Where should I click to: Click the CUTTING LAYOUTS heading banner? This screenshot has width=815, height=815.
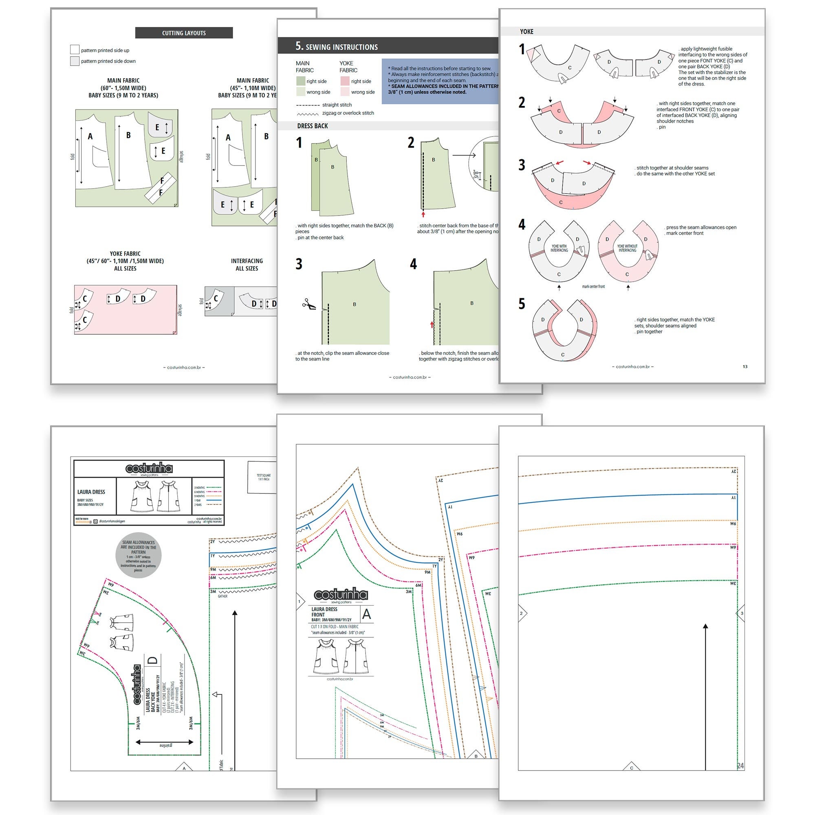tap(183, 33)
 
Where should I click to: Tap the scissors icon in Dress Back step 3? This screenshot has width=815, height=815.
tap(308, 304)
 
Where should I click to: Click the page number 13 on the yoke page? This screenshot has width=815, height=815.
tap(745, 367)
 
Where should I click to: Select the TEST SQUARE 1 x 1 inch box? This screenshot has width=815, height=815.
tap(264, 477)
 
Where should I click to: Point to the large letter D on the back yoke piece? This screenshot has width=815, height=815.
tap(153, 660)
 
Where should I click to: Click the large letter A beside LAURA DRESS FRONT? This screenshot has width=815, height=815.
tap(367, 615)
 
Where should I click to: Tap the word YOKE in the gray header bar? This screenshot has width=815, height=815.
tap(526, 32)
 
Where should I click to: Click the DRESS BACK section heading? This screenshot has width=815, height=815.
tap(312, 126)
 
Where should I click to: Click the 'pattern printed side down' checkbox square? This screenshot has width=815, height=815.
tap(75, 61)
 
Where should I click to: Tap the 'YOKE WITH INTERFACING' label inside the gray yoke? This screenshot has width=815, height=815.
tap(559, 248)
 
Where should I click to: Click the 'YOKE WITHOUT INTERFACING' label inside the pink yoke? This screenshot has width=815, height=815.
tap(627, 248)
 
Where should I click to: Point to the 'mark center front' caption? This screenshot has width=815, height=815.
tap(593, 286)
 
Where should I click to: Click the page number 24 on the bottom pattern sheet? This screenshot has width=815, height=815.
tap(740, 766)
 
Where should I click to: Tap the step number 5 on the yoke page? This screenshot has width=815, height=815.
tap(522, 304)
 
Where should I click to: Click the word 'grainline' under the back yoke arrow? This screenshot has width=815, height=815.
tap(165, 745)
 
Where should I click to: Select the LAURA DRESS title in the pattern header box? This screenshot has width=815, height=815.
tap(91, 492)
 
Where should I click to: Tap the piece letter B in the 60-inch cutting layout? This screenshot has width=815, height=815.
tap(128, 135)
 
